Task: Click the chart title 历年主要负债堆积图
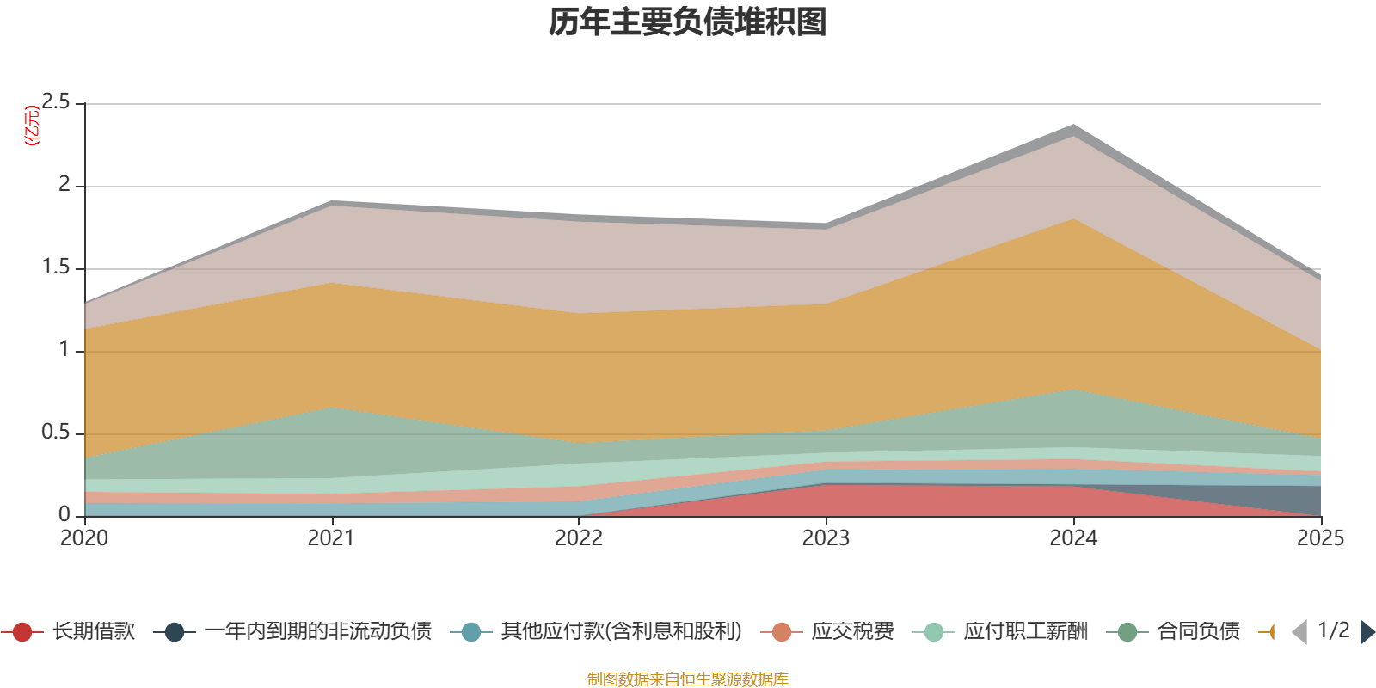point(688,22)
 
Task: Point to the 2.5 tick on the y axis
point(56,102)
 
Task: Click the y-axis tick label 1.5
point(56,267)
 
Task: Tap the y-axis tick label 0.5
point(56,433)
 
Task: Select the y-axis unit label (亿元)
point(32,126)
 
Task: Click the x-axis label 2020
point(84,538)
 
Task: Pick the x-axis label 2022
point(579,538)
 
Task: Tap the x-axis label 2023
point(826,538)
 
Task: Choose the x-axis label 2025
point(1319,538)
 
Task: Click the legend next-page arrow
point(1367,632)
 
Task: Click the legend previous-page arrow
point(1299,632)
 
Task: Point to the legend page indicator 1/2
point(1333,630)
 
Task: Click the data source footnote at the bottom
point(688,679)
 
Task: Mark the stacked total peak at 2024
point(1073,126)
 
